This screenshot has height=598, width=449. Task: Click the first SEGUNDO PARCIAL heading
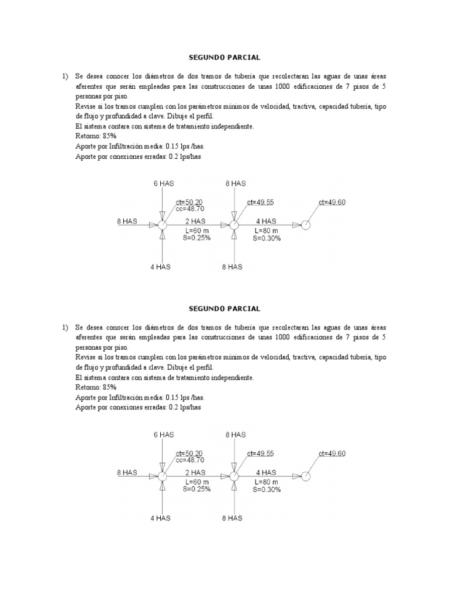point(224,58)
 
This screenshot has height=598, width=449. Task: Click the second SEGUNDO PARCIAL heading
point(224,308)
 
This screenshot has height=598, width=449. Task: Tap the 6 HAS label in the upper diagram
point(164,183)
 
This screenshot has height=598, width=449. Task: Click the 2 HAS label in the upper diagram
point(195,221)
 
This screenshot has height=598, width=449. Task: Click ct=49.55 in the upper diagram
point(261,201)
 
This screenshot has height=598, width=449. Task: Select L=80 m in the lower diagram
point(267,482)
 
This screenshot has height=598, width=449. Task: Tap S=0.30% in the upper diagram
point(267,238)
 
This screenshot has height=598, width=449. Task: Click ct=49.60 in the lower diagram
point(332,453)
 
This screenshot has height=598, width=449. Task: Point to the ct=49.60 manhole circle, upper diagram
point(305,226)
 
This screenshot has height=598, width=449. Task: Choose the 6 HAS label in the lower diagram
point(164,435)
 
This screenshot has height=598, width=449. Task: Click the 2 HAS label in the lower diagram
point(195,472)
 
